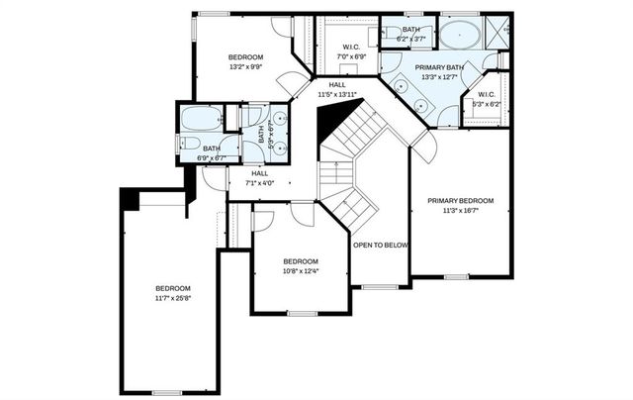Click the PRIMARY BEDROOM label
(460, 201)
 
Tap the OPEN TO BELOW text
(381, 246)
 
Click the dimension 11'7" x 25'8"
(172, 297)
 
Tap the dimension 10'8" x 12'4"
(301, 271)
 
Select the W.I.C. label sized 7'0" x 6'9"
(351, 57)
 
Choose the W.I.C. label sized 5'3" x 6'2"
(484, 102)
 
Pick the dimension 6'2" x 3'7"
(410, 39)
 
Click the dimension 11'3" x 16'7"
(460, 210)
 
